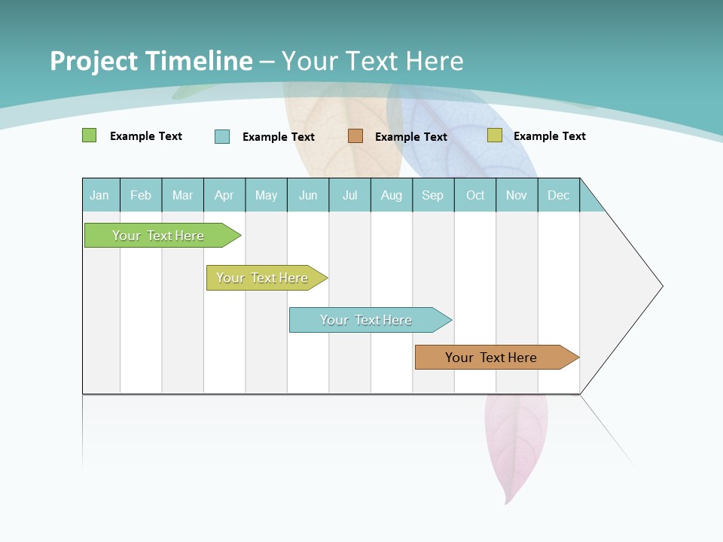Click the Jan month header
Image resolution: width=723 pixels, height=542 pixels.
click(99, 195)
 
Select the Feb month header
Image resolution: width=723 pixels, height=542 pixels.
click(141, 195)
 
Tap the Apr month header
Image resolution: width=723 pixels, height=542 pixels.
click(224, 195)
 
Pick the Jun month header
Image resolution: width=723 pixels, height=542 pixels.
click(308, 195)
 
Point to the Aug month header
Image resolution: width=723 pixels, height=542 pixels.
click(391, 195)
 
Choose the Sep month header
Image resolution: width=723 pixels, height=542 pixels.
click(432, 195)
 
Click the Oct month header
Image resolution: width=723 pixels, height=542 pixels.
click(475, 195)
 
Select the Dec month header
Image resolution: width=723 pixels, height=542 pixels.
click(558, 195)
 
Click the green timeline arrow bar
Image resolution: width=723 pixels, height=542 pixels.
click(159, 236)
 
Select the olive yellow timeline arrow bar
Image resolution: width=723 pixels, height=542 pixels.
click(263, 278)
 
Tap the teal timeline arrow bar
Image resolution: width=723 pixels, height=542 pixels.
click(367, 320)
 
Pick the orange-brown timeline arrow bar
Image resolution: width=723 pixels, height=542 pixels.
click(492, 358)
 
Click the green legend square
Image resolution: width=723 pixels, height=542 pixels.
click(89, 135)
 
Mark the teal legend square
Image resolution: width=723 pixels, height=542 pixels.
click(222, 136)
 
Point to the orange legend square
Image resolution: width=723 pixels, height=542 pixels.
click(355, 135)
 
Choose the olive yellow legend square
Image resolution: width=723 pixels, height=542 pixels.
click(494, 135)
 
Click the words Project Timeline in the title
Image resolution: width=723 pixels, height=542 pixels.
click(151, 61)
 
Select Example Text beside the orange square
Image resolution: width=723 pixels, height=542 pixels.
click(410, 137)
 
